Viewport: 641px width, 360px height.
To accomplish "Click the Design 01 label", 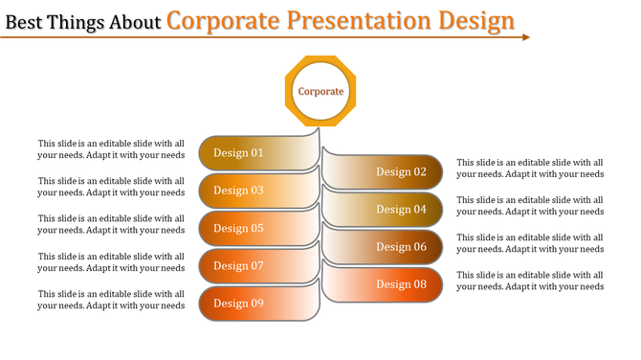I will (x=238, y=153).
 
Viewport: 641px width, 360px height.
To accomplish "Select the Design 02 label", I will (x=401, y=172).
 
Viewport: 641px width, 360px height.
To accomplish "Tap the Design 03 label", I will (x=238, y=191).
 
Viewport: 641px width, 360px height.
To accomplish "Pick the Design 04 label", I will (x=401, y=210).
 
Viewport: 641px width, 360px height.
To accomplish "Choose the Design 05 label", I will (x=238, y=229).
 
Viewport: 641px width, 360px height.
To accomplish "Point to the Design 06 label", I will (x=401, y=247).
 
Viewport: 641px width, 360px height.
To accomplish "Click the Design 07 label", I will (x=238, y=266).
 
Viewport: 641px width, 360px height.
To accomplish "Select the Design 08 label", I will (x=401, y=284).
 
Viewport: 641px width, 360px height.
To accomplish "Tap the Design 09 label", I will (x=238, y=304).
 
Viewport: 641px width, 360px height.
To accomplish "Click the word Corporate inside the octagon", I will (x=320, y=92).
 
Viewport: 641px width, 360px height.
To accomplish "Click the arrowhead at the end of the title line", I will (x=525, y=37).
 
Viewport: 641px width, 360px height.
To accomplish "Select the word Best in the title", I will (x=24, y=21).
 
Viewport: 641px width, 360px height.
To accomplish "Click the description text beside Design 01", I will (x=111, y=148).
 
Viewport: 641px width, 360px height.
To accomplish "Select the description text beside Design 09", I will (x=111, y=300).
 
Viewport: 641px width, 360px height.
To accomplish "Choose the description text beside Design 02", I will (x=530, y=169).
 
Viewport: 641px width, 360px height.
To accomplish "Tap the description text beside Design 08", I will (x=530, y=281).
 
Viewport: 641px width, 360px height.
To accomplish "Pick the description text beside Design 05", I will (x=111, y=224).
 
